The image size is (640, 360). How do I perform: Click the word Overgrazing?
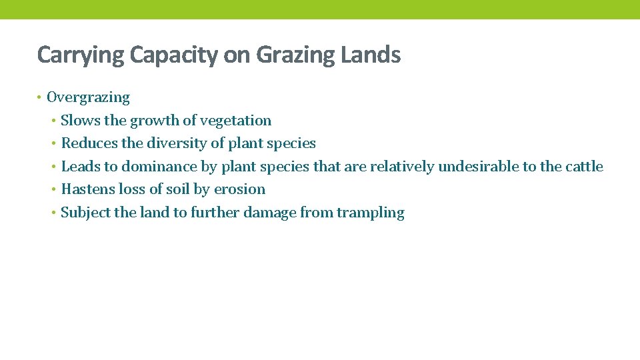click(x=88, y=98)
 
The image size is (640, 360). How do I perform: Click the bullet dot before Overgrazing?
click(x=40, y=98)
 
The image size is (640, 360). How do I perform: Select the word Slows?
click(x=79, y=121)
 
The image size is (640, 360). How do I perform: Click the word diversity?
click(x=175, y=143)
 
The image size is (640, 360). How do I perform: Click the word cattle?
click(x=584, y=167)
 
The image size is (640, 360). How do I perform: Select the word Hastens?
click(x=88, y=189)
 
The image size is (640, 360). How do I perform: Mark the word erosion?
click(x=239, y=189)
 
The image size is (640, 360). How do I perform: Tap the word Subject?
click(x=85, y=213)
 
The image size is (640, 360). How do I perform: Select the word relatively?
click(x=402, y=167)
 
